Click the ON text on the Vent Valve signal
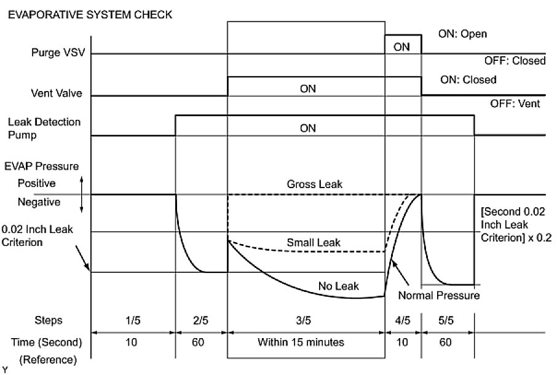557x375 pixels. click(307, 89)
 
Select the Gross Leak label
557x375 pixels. click(307, 184)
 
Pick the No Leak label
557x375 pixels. click(338, 286)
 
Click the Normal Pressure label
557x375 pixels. click(438, 296)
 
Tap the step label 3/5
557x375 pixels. click(306, 320)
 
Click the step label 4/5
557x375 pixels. click(402, 320)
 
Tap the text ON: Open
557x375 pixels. click(462, 34)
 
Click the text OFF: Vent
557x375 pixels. click(515, 104)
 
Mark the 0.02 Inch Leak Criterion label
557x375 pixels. click(38, 235)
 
